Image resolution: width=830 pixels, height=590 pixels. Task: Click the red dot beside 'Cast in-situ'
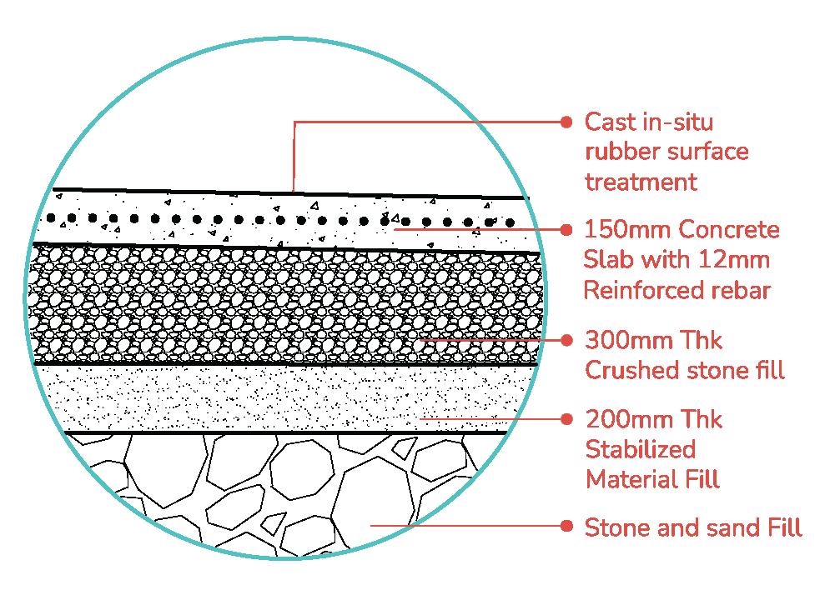pyautogui.click(x=567, y=122)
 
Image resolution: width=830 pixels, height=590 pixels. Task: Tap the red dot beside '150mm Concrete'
pyautogui.click(x=567, y=229)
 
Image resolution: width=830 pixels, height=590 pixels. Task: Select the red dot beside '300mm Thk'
pyautogui.click(x=567, y=340)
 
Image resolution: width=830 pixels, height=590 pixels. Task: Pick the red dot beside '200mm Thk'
pyautogui.click(x=567, y=418)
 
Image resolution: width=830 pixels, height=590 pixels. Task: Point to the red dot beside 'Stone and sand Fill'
pyautogui.click(x=567, y=527)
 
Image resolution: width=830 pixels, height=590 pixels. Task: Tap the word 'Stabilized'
pyautogui.click(x=641, y=449)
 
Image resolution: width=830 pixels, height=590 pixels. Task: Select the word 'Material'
pyautogui.click(x=626, y=479)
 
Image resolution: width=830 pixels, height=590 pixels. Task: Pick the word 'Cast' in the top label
pyautogui.click(x=608, y=122)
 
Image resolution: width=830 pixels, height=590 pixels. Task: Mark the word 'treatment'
pyautogui.click(x=641, y=182)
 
